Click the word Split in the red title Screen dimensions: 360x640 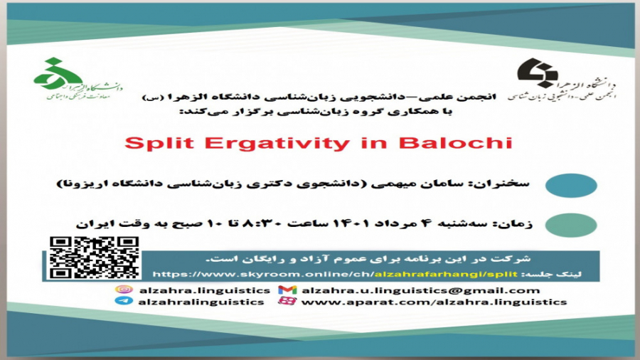tap(152, 142)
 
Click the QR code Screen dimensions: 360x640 tap(95, 258)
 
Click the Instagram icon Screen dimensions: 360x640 tap(124, 290)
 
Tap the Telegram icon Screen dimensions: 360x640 tap(124, 302)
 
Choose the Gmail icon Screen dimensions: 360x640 tap(287, 290)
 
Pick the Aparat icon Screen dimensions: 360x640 tap(287, 302)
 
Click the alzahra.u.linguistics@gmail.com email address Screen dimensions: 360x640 tap(420, 290)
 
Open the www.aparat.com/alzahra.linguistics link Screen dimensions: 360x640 tap(434, 302)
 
